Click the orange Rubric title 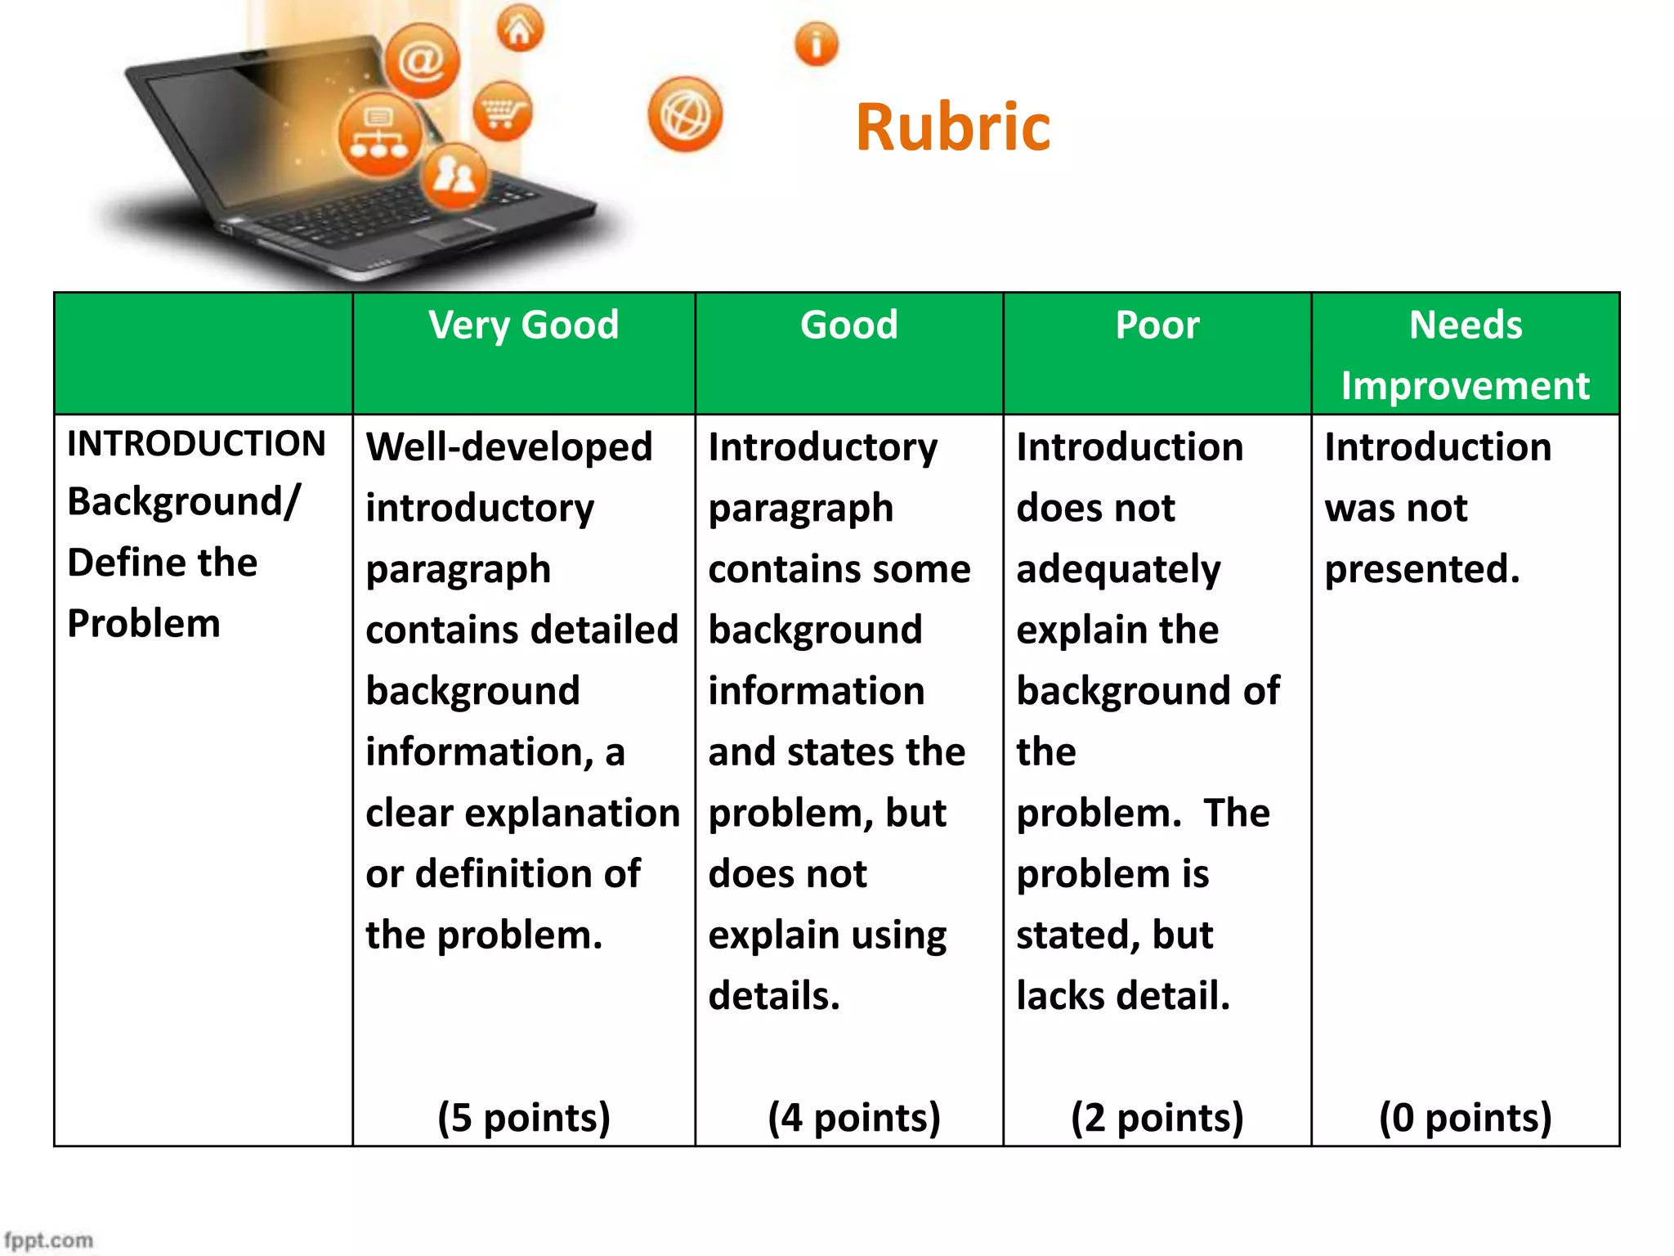[x=952, y=128]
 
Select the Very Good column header [x=523, y=325]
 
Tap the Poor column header [x=1157, y=325]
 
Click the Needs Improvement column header [x=1465, y=355]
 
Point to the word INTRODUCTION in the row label [x=196, y=444]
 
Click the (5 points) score [x=524, y=1117]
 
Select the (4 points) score [x=854, y=1117]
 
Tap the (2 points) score [x=1157, y=1117]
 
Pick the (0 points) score [x=1465, y=1117]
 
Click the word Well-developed [x=508, y=447]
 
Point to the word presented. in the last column [x=1422, y=569]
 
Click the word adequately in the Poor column [x=1118, y=569]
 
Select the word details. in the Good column [x=774, y=996]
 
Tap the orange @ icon [x=422, y=61]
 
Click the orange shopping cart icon [x=502, y=111]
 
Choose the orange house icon [x=520, y=29]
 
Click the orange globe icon [x=685, y=114]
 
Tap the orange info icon [x=816, y=43]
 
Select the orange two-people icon [x=454, y=175]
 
